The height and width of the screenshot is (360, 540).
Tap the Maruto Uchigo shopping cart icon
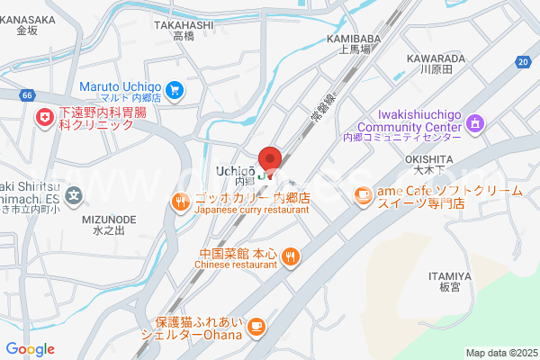pyautogui.click(x=175, y=89)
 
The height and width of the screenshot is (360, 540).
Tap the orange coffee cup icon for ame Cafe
pyautogui.click(x=363, y=193)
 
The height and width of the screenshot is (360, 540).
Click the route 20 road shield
pyautogui.click(x=523, y=61)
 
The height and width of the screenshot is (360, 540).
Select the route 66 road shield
pyautogui.click(x=28, y=94)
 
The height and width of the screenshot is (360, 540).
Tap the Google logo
pyautogui.click(x=30, y=349)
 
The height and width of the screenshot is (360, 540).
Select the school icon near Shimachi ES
pyautogui.click(x=75, y=193)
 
